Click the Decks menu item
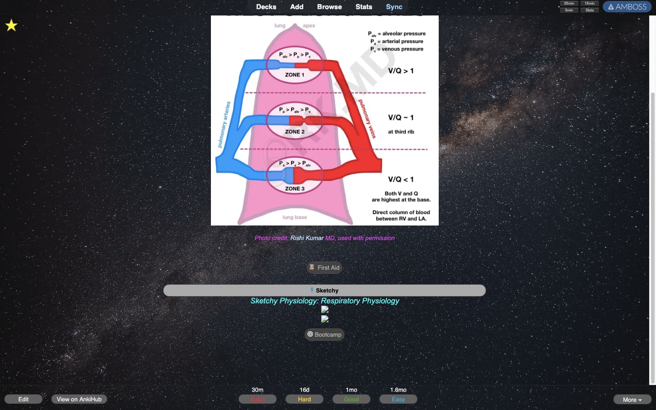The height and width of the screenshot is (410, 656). (266, 7)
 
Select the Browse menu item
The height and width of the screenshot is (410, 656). (329, 7)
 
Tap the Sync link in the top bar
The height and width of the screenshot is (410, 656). (394, 7)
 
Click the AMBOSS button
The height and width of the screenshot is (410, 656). (627, 7)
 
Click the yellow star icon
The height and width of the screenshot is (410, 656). (11, 26)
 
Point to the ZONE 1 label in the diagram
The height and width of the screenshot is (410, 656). (294, 75)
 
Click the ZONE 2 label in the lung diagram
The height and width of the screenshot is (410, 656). (294, 132)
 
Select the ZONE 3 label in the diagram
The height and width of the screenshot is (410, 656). (294, 189)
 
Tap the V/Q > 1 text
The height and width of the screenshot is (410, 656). (401, 71)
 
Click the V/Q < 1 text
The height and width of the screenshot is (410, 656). (401, 179)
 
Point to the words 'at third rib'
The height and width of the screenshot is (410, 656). (401, 132)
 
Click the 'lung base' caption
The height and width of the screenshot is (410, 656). (294, 217)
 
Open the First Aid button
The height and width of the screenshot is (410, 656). (324, 268)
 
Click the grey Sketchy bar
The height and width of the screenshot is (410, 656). (324, 291)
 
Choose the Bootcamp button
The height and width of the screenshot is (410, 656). (324, 335)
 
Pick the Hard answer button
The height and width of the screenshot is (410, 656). (304, 400)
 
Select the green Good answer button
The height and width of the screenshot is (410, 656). (351, 400)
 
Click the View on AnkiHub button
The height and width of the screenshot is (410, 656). (79, 400)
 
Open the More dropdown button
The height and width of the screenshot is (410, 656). (632, 400)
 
